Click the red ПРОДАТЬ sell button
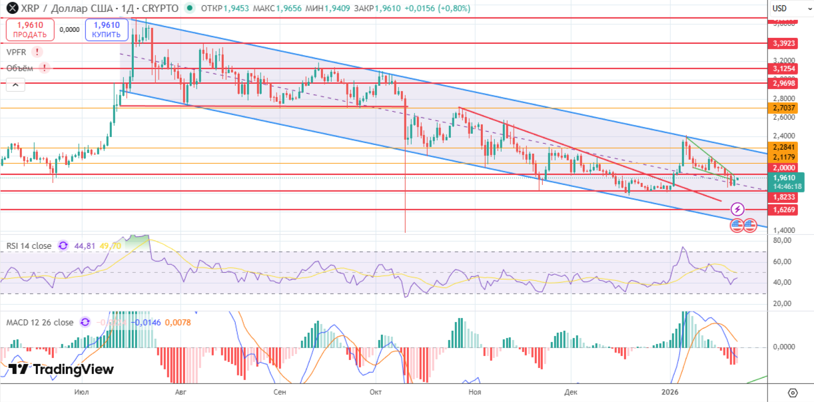pos(29,30)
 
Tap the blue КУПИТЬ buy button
pos(106,30)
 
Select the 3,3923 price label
pos(784,43)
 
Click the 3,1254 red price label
pos(784,69)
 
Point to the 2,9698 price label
pos(784,83)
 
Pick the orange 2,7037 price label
pos(784,108)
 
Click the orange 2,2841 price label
pos(784,147)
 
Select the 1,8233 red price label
pos(784,198)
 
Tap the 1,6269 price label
pos(784,210)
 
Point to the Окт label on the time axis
pos(376,393)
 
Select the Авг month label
pos(181,393)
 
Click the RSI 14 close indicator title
pos(29,246)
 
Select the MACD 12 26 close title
pos(40,322)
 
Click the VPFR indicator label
pos(17,52)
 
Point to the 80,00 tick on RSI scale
pos(782,240)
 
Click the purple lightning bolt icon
pos(737,210)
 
